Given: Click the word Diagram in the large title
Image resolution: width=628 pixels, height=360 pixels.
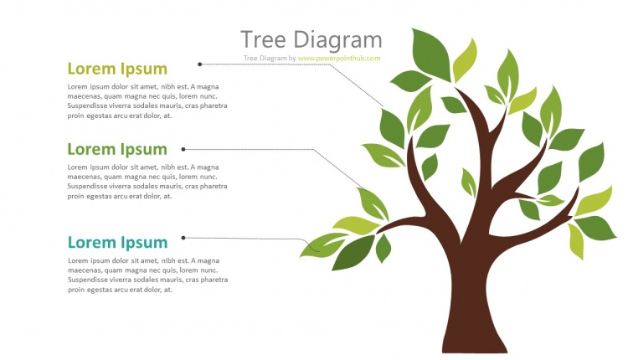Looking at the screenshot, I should pos(337,40).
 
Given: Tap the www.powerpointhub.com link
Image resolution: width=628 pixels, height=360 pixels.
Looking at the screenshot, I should pos(339,59).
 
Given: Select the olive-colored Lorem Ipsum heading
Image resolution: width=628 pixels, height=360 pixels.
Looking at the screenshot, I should pos(117,69).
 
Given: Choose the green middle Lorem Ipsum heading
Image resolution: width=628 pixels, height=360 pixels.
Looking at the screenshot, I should pos(117,149).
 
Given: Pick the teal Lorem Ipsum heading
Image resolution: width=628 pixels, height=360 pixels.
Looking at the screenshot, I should pos(117,243).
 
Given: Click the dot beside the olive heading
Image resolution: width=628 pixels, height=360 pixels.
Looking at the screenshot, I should pos(199,64).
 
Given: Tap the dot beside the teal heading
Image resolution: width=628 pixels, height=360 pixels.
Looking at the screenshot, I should pos(183,238).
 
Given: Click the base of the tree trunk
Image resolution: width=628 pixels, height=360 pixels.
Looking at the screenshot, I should pos(475,339).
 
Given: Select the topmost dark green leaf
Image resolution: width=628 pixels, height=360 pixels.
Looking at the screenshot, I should pos(431,52).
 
